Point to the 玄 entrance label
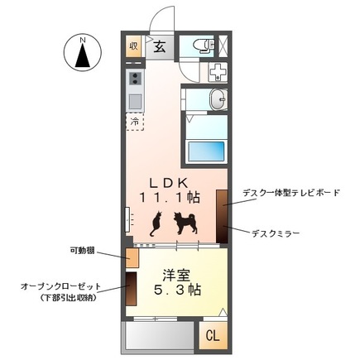(160, 46)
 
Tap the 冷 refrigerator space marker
(135, 121)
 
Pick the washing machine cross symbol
(217, 71)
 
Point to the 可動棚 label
(83, 248)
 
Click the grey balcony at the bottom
(157, 338)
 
